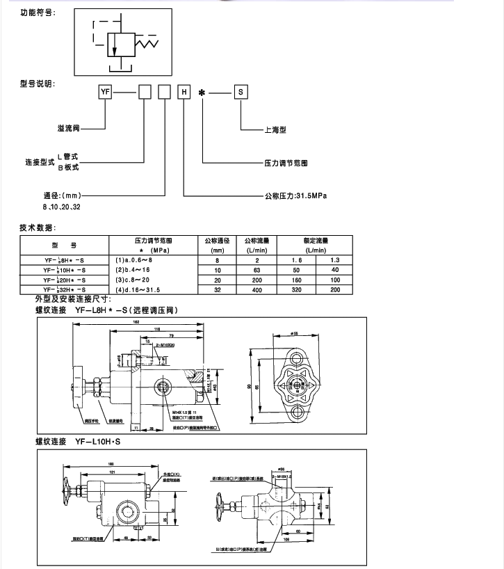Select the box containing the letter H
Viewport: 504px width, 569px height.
click(x=184, y=91)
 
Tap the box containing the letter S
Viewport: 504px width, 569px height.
click(x=240, y=91)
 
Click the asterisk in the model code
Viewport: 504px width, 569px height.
click(x=203, y=92)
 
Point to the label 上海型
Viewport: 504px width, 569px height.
click(x=276, y=130)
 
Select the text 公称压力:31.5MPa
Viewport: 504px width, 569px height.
click(x=295, y=195)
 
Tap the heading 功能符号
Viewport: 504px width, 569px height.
click(x=39, y=13)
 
